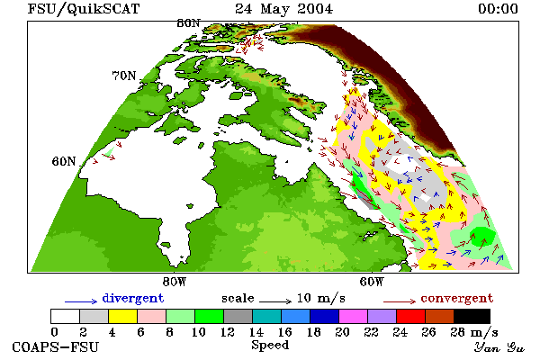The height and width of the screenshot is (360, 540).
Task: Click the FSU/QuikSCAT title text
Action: pos(84,9)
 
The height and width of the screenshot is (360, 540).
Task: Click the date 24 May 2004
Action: pos(283,9)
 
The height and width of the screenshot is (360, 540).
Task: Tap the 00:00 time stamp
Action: pos(498,9)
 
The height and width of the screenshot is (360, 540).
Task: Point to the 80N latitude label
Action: pos(189,23)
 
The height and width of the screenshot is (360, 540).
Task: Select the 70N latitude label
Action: pos(124,76)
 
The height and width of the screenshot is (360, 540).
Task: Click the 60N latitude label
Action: pos(64,161)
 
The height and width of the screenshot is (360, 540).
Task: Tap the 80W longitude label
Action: pos(175,282)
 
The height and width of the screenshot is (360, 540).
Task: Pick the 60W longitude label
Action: pos(372,282)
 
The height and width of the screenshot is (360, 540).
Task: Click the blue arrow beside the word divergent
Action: pos(81,301)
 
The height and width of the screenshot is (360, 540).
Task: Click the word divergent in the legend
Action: pos(133,298)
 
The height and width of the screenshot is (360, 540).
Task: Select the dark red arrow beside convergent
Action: pos(400,301)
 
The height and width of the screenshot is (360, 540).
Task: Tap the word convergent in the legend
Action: pos(457,298)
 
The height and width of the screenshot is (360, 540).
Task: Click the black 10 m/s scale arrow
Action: pos(275,301)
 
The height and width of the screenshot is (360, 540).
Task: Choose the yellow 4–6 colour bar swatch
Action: pos(123,316)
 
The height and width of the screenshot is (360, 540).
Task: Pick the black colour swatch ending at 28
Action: pos(472,316)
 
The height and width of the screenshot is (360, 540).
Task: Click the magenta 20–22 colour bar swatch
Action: pos(354,316)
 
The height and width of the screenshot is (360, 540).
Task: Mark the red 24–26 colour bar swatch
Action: pos(411,316)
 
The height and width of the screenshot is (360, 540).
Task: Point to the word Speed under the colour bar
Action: pos(270,346)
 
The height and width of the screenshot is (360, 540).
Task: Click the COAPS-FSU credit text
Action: pos(56,346)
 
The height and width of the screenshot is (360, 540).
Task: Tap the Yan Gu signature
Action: pos(499,347)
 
